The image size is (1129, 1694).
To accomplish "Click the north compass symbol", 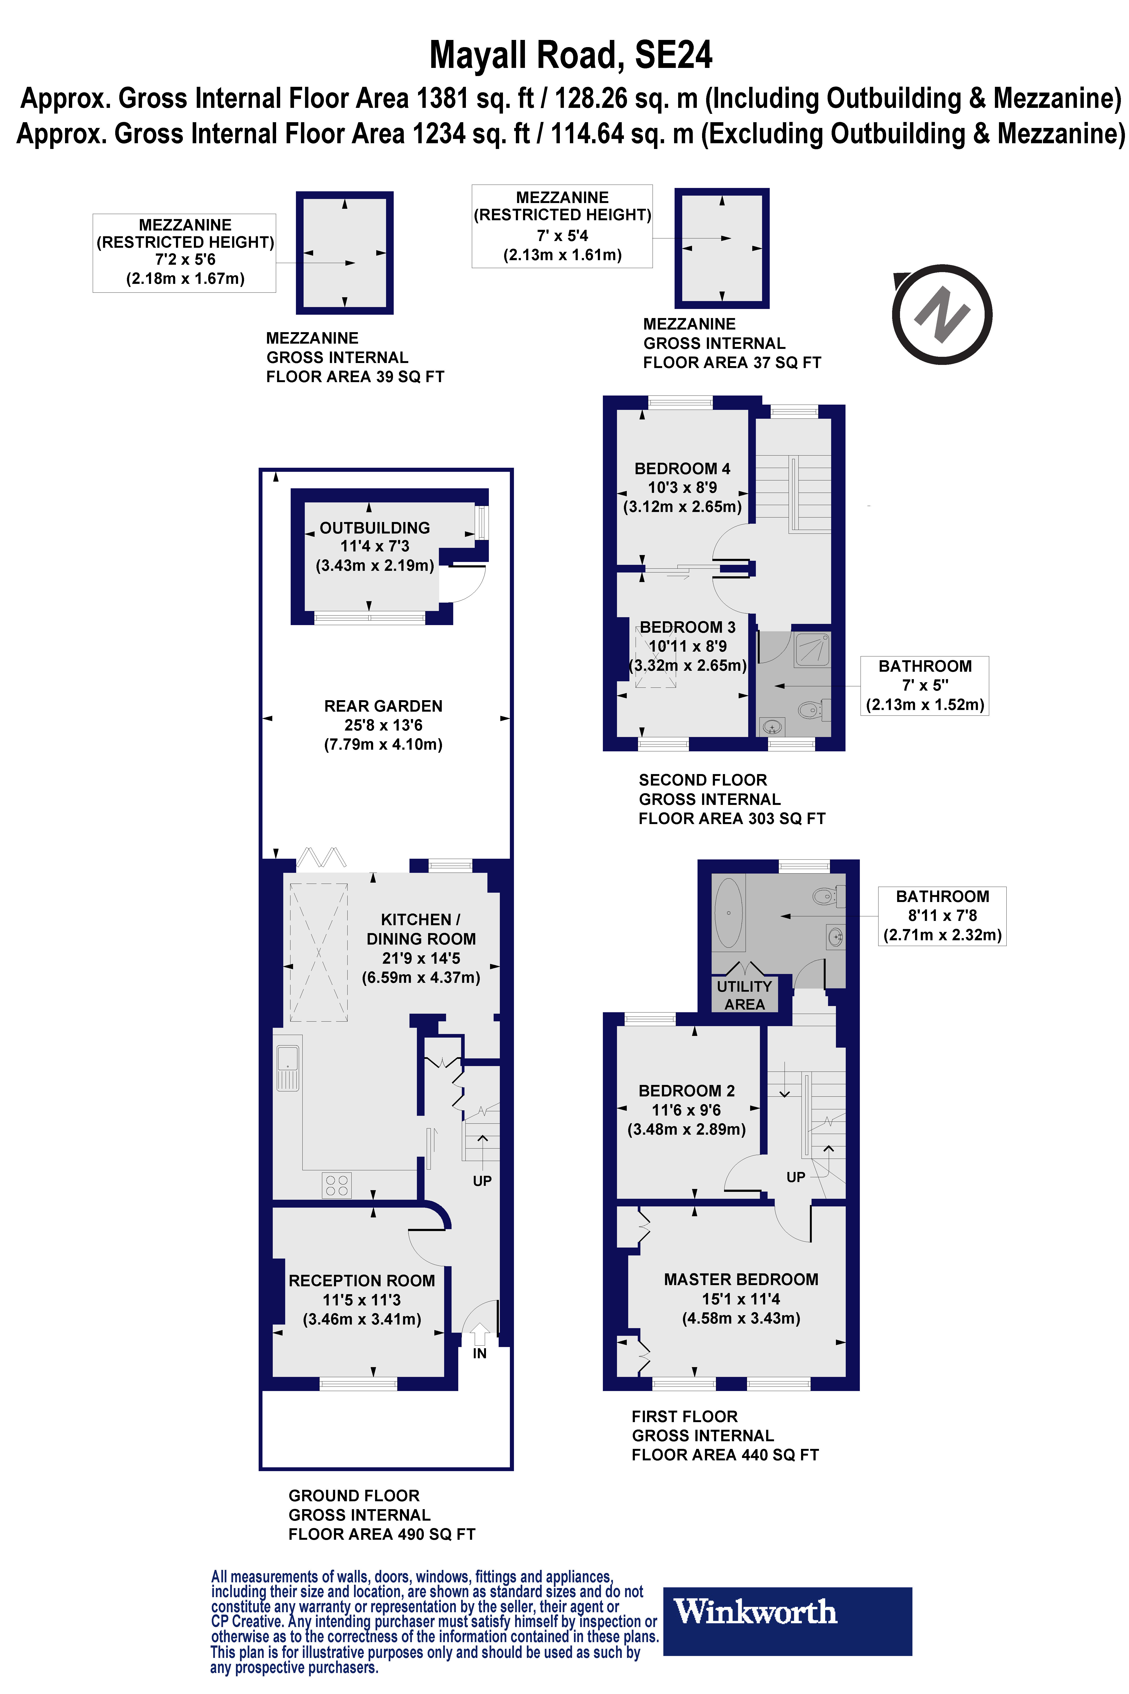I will (x=942, y=315).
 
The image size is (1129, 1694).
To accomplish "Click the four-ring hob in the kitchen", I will (x=336, y=1185).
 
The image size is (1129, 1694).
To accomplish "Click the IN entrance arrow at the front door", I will (x=480, y=1335).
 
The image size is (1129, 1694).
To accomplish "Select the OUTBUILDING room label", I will (x=374, y=528).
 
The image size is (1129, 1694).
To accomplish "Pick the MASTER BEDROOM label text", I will (x=741, y=1279).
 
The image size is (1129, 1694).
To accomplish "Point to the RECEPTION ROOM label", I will (x=361, y=1281).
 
